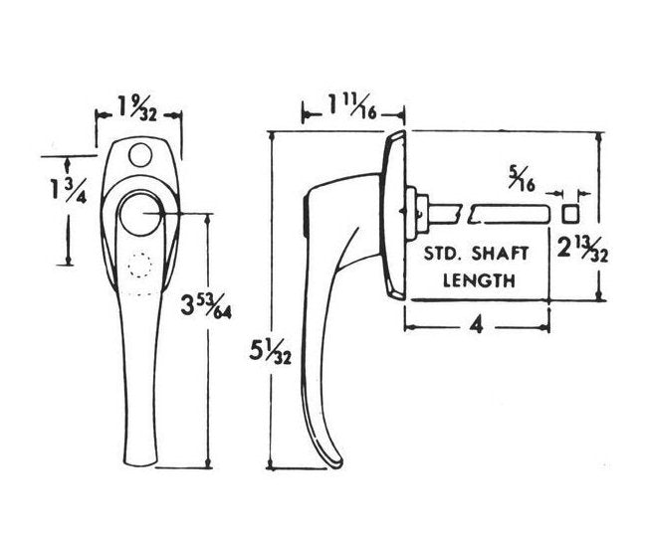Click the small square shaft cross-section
pos(570,213)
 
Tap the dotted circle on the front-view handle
pos(139,267)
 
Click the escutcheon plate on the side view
pos(391,214)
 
